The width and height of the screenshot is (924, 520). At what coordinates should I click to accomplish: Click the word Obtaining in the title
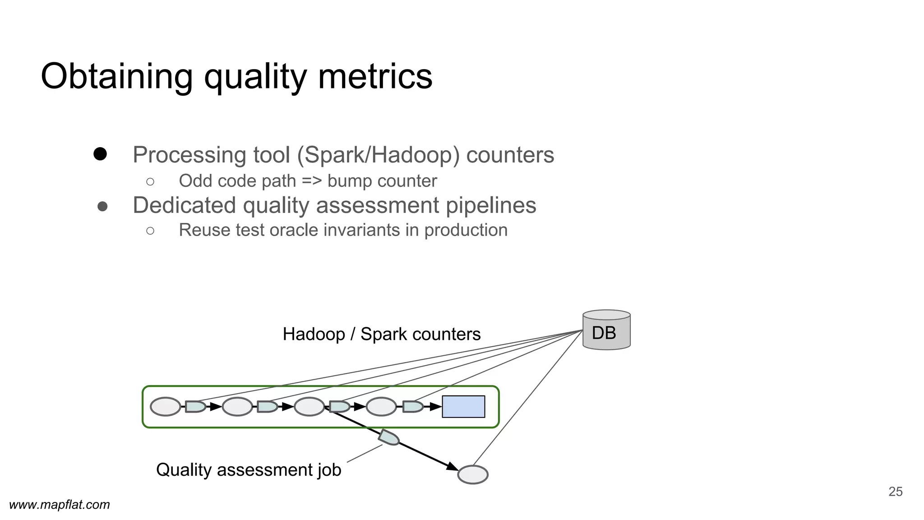tap(116, 77)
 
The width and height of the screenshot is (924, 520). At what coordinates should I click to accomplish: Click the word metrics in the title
tap(375, 77)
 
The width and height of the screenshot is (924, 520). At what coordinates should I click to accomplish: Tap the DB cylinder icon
tap(606, 330)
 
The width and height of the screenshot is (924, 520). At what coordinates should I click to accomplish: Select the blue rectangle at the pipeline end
tap(463, 407)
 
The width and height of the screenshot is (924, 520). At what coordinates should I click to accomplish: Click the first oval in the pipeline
tap(166, 407)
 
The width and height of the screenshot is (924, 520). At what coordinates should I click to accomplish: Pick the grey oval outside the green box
tap(473, 475)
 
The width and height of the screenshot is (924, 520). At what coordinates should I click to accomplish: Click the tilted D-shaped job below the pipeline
tap(389, 437)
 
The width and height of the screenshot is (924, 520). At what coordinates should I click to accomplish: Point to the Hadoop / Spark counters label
tap(381, 334)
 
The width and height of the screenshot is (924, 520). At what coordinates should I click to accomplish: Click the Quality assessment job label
tap(248, 470)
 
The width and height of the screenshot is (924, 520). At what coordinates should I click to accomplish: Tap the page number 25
tap(895, 492)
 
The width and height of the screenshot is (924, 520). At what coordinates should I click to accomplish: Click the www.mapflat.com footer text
tap(60, 505)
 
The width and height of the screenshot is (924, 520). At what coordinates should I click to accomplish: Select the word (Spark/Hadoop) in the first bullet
tap(378, 155)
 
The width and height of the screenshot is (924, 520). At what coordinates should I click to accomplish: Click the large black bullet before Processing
tap(100, 154)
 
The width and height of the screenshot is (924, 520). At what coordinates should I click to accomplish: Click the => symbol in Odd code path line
tap(312, 181)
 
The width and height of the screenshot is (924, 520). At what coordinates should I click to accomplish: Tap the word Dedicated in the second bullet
tap(184, 205)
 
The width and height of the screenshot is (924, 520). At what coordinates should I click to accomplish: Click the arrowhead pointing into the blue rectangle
tap(436, 407)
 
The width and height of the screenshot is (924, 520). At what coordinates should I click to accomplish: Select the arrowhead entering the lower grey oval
tap(453, 467)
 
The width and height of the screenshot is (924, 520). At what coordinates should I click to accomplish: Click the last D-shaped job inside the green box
tap(412, 407)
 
